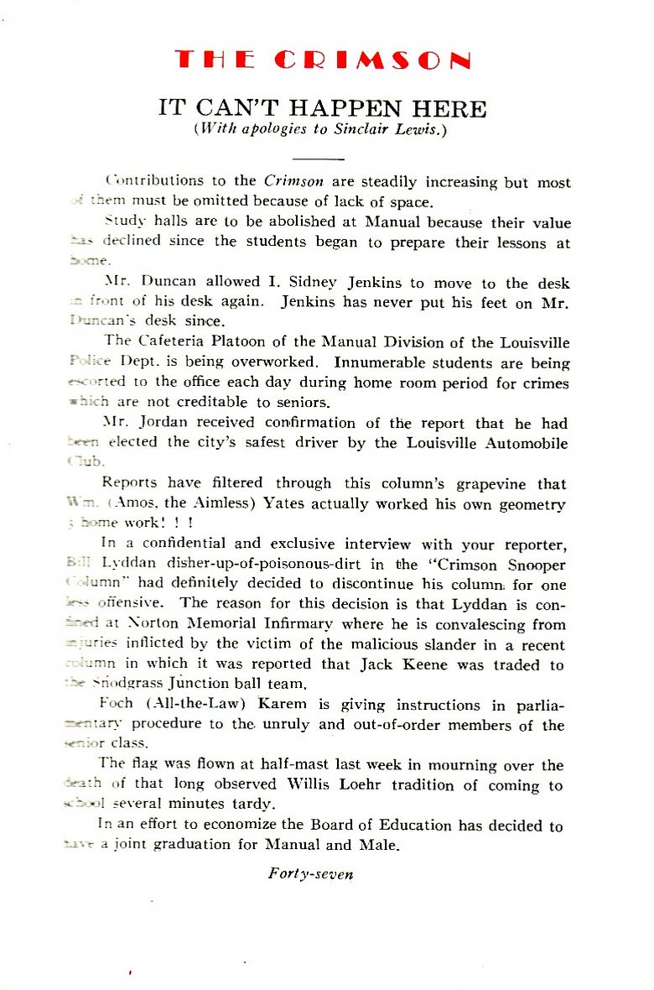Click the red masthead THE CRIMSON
(x=323, y=60)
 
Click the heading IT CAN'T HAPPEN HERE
(x=323, y=108)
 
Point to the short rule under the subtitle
(x=319, y=159)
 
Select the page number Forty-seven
(x=311, y=873)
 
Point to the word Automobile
(x=527, y=443)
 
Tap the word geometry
(x=530, y=504)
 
